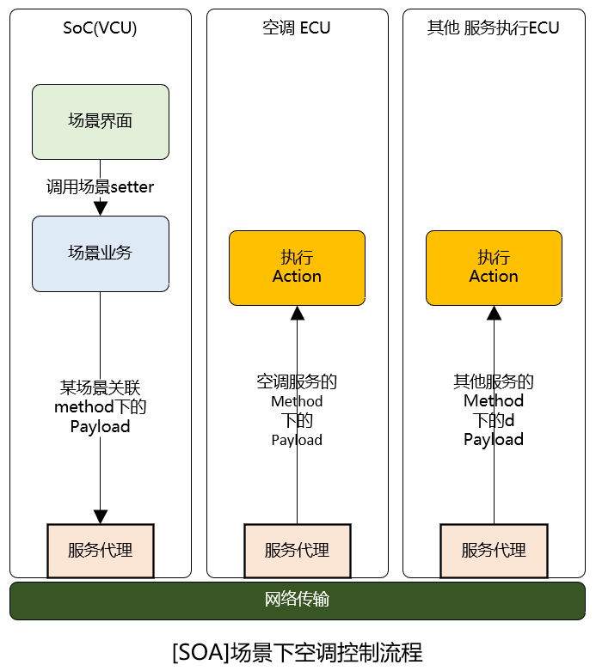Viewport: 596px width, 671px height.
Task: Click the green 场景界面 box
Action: click(x=100, y=121)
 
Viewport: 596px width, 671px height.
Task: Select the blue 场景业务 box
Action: click(x=100, y=253)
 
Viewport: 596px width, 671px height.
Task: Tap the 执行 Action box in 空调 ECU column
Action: click(x=297, y=267)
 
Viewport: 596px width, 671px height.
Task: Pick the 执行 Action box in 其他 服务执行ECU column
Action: click(x=494, y=267)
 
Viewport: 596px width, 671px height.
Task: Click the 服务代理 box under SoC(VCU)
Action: click(x=100, y=550)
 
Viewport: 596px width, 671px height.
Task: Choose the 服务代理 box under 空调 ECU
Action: click(x=297, y=550)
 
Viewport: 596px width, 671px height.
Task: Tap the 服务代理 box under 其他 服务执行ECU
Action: click(x=494, y=550)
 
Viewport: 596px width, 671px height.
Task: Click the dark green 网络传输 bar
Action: click(x=297, y=600)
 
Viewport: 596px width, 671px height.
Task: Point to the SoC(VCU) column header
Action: click(x=100, y=28)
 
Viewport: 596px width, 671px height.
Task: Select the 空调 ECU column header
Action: click(x=297, y=28)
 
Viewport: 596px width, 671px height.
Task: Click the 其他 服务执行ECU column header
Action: click(x=494, y=28)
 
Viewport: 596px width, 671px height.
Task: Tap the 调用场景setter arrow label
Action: click(x=100, y=186)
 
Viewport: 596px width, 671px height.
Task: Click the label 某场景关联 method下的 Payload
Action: click(x=100, y=406)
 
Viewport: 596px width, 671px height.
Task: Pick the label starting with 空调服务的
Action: click(x=297, y=410)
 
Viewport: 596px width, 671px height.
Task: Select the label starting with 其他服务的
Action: click(x=494, y=410)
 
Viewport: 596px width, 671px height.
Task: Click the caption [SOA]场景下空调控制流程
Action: click(x=297, y=651)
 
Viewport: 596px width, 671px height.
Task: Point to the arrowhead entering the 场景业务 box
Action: click(x=100, y=209)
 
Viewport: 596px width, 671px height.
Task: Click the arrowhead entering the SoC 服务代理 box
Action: click(x=100, y=516)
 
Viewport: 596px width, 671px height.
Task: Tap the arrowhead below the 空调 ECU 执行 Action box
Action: click(x=297, y=314)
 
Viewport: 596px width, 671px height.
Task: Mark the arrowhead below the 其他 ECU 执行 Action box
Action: click(x=494, y=314)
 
